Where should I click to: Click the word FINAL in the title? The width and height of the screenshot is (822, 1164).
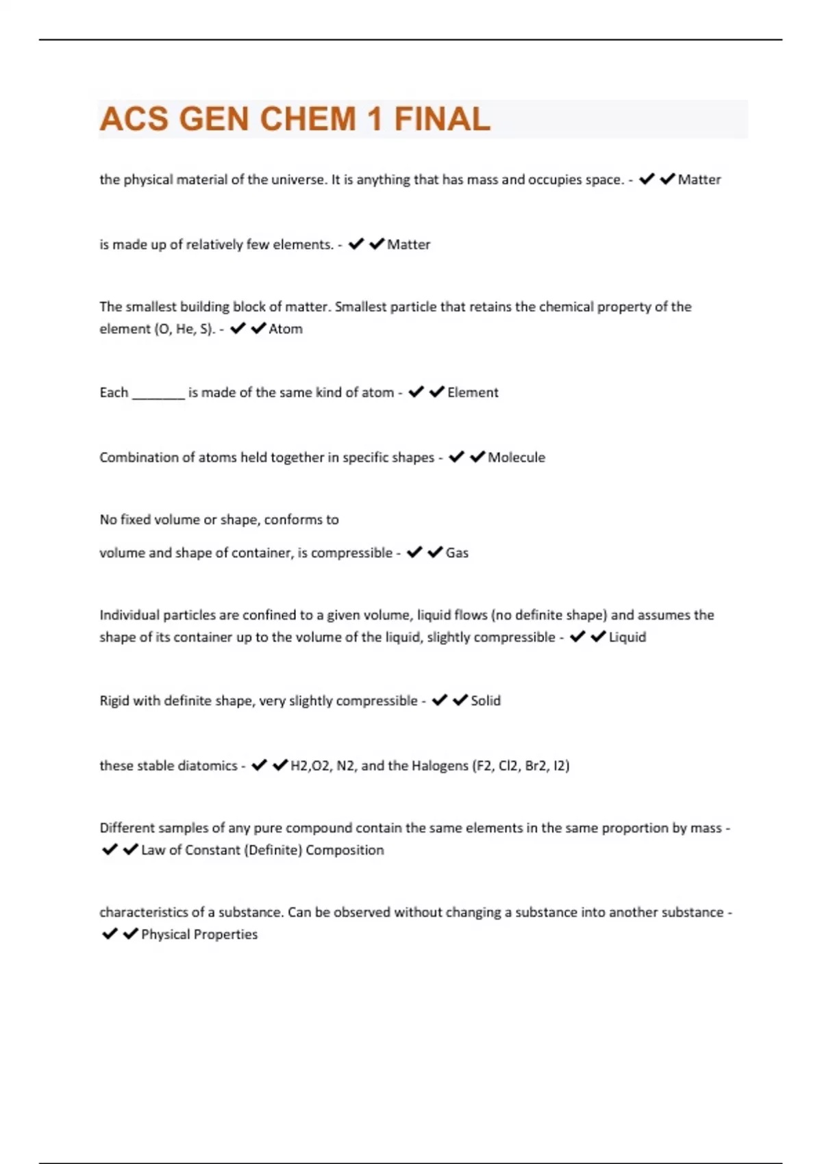click(442, 119)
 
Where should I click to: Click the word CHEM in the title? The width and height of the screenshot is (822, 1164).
click(308, 119)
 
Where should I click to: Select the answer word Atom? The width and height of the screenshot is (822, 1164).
click(286, 329)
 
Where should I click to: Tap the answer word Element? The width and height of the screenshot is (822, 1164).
click(473, 392)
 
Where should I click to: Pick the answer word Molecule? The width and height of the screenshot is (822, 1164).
click(516, 457)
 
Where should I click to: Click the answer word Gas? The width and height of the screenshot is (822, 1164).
click(457, 553)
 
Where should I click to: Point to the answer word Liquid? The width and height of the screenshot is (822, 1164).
click(627, 637)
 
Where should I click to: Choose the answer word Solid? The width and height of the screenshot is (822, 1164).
click(486, 700)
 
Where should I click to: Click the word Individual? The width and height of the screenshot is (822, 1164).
click(129, 615)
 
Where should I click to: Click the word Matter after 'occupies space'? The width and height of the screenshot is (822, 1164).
click(699, 179)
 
